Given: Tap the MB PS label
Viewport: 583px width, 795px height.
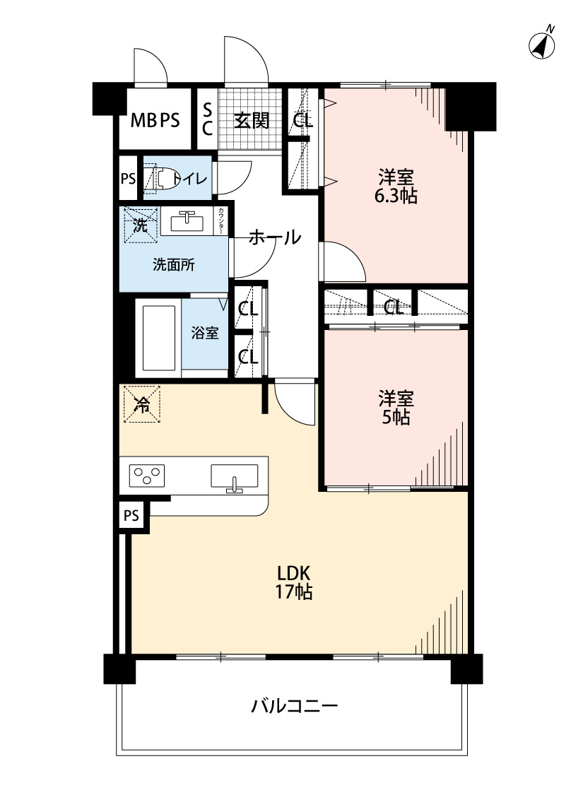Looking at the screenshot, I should [x=155, y=120].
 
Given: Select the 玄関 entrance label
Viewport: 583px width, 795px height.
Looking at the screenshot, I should [x=252, y=120].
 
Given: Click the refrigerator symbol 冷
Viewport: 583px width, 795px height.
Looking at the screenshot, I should [x=142, y=405].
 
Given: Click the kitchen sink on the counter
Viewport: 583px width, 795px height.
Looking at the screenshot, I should [x=234, y=477].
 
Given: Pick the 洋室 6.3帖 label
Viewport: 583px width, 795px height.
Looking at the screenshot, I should [x=396, y=186].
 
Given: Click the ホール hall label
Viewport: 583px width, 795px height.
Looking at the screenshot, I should [x=275, y=237].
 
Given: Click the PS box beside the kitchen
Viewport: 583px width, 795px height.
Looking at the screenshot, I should [x=131, y=516].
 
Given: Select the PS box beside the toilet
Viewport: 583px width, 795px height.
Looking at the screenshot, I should [x=127, y=178].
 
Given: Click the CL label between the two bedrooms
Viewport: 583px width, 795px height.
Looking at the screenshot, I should [x=394, y=307].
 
